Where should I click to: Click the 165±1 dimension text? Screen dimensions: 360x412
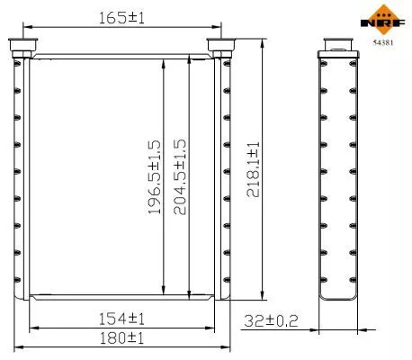pyautogui.click(x=123, y=16)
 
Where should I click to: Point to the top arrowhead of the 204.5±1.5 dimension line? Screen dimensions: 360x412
pyautogui.click(x=189, y=54)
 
